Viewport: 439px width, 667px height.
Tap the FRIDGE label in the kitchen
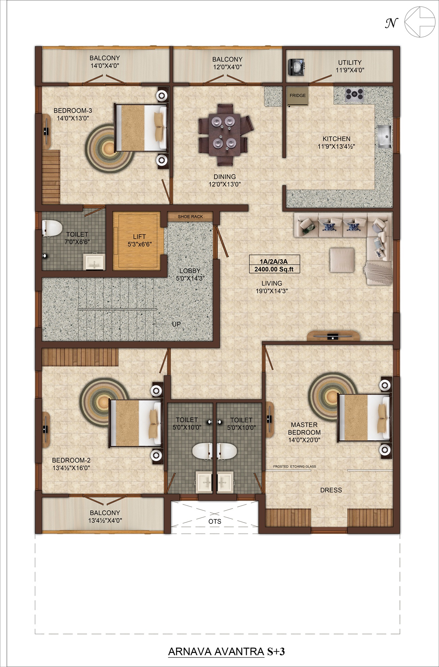coord(298,95)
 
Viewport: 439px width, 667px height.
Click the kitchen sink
coord(384,136)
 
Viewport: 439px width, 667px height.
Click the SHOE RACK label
coord(191,217)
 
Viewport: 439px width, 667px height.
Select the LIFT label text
coord(139,237)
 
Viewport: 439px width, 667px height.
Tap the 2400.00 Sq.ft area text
coord(274,269)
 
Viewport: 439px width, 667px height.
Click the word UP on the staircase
coord(176,324)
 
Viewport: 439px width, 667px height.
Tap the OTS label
coord(215,521)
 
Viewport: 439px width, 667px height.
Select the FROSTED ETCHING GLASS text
coord(295,466)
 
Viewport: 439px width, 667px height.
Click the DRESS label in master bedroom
coord(331,490)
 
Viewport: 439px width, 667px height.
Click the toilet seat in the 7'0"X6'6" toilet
coord(52,228)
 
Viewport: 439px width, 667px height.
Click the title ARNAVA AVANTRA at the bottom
coord(216,652)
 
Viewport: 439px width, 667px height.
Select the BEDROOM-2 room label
coord(71,460)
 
